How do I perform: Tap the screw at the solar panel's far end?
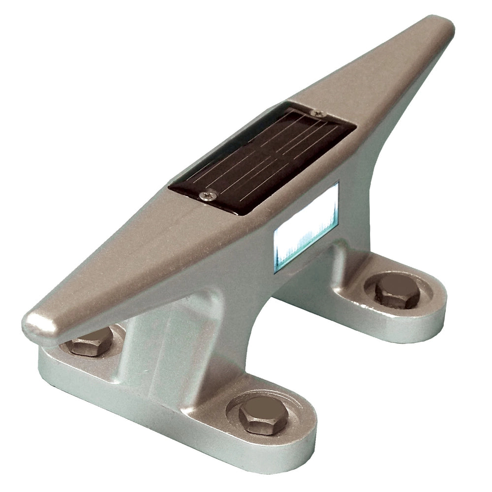pos(319,113)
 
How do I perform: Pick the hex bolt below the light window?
pos(397,291)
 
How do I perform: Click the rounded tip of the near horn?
pos(37,325)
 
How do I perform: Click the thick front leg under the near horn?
pos(162,344)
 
